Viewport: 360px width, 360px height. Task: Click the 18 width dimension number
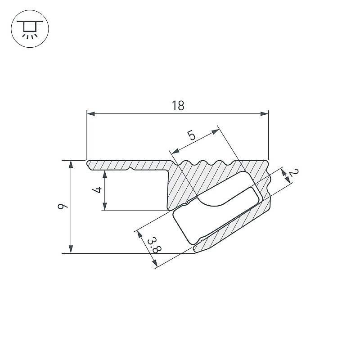(178, 106)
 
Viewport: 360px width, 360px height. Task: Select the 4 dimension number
(97, 190)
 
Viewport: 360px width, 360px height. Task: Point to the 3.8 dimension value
(154, 246)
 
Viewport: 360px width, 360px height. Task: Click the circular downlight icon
(30, 29)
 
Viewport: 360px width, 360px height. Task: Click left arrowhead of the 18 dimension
(91, 114)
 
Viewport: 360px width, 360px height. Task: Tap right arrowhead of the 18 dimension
(264, 114)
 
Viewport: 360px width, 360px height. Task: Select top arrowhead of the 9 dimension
(71, 165)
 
